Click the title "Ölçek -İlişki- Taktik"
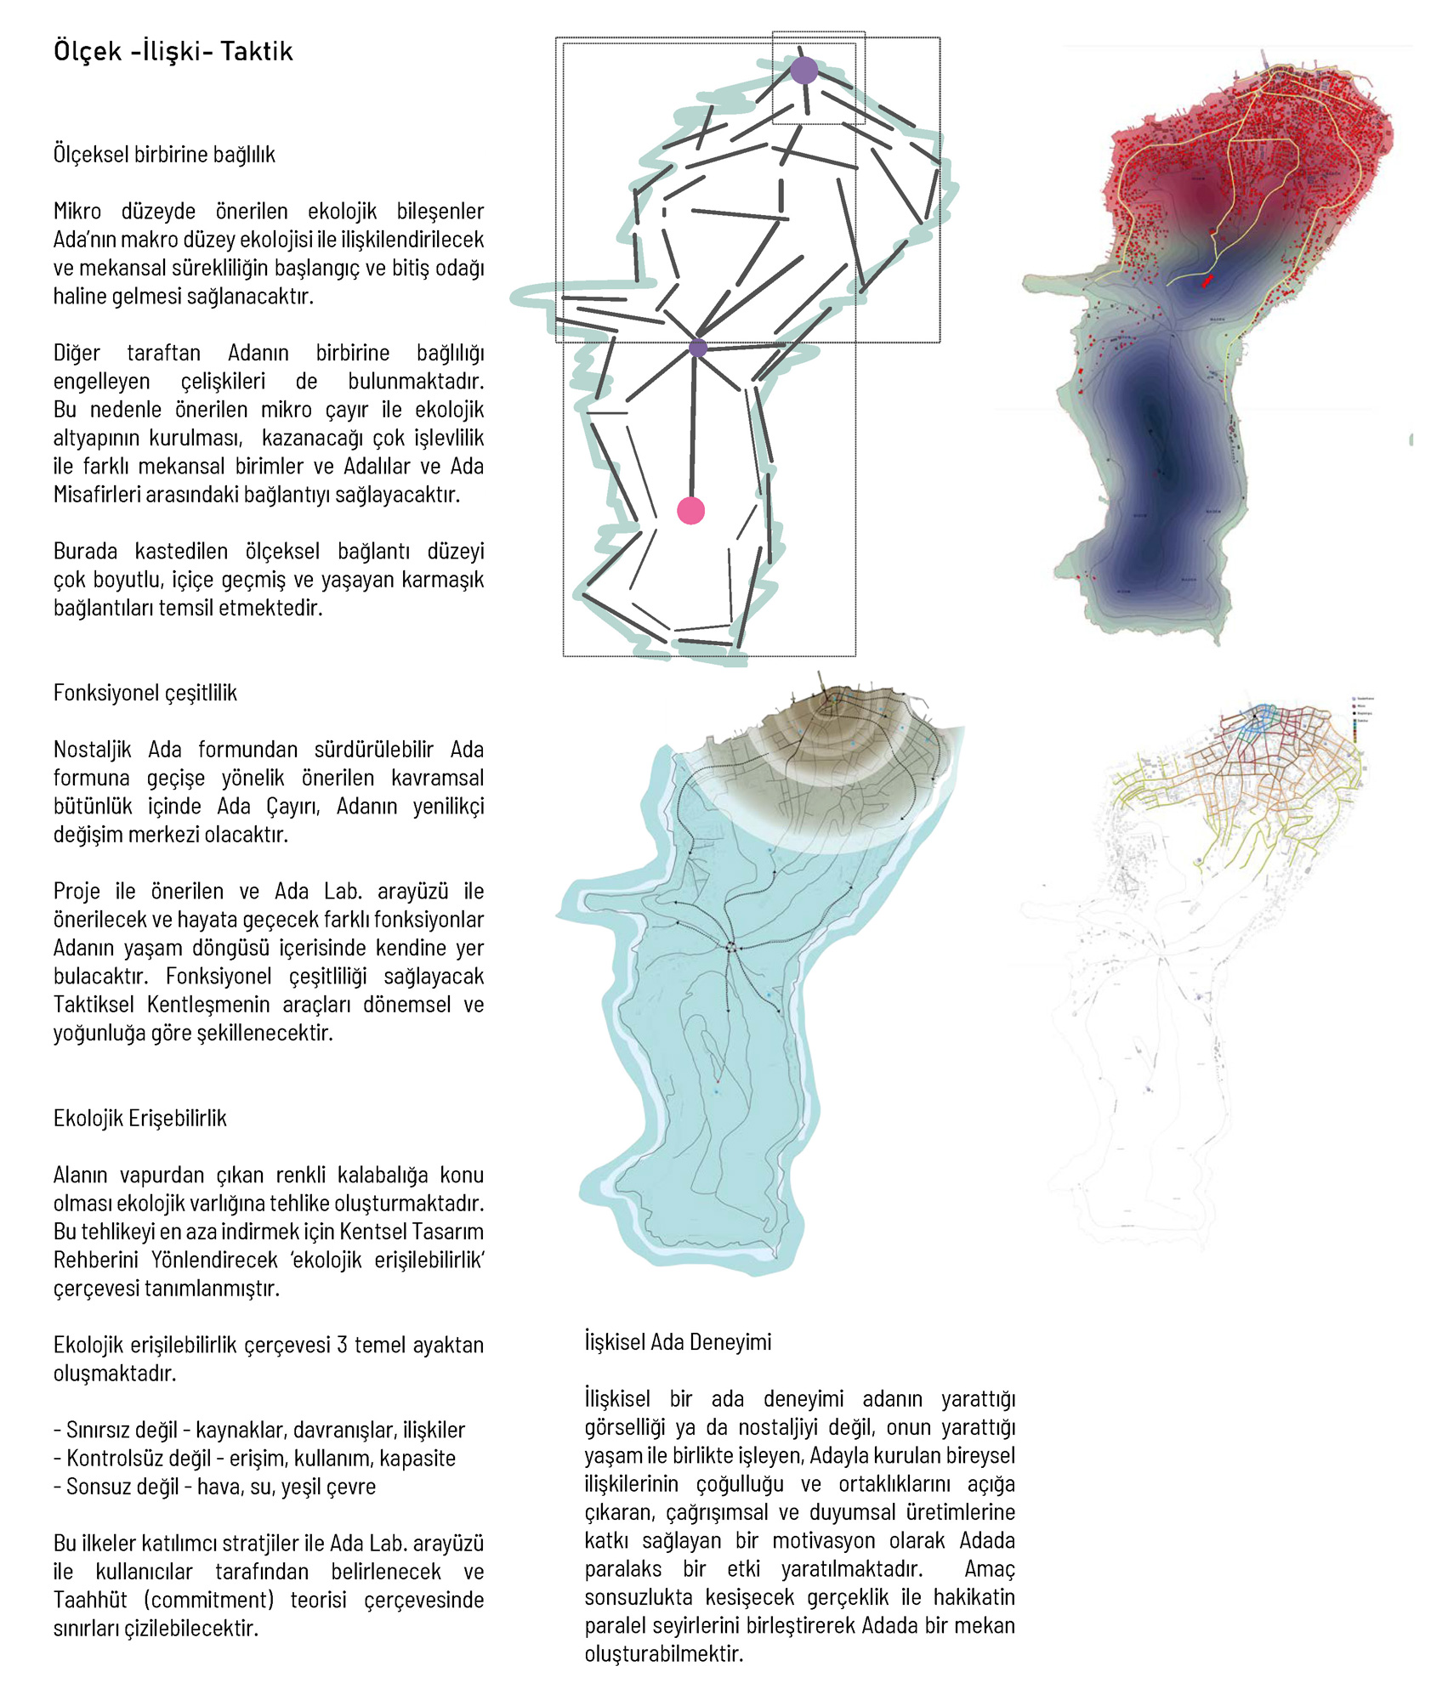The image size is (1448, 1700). [x=173, y=52]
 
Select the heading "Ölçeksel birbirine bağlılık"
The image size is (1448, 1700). [x=164, y=155]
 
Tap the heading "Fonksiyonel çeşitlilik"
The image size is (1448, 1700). [x=145, y=693]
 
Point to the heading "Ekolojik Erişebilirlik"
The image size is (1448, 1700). [x=139, y=1118]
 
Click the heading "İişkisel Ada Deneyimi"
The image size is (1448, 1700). [x=678, y=1342]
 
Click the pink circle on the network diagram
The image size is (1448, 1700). [x=690, y=511]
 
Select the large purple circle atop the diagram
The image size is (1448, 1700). [x=803, y=71]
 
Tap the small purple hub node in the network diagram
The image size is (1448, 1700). [x=698, y=348]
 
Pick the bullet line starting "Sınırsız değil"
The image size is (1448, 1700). [x=259, y=1430]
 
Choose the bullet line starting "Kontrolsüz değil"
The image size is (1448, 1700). [x=254, y=1459]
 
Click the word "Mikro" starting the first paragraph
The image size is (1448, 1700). [x=77, y=211]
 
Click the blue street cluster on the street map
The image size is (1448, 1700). [x=1259, y=718]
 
